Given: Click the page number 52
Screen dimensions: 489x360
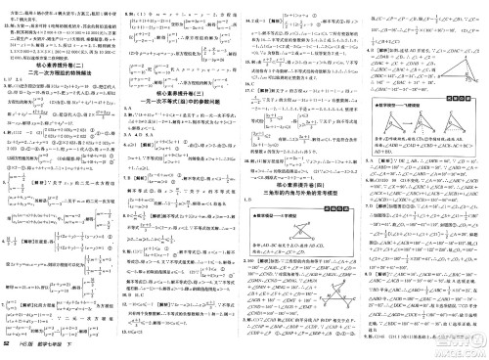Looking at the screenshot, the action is (9, 349).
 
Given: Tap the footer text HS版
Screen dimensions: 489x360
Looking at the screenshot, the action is (28, 349).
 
